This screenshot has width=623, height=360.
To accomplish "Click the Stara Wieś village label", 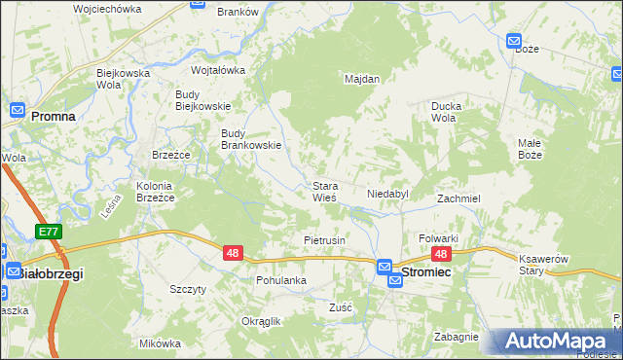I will pos(324,191).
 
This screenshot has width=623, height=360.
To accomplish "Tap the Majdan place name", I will pos(361,79).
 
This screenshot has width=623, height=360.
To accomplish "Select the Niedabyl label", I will pos(387,194).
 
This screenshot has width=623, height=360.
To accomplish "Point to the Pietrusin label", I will pos(325,239).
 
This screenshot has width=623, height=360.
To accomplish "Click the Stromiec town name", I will pos(432,273).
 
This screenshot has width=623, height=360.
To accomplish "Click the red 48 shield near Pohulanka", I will pos(232,253).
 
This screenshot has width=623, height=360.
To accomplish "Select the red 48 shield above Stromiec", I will pos(441,254).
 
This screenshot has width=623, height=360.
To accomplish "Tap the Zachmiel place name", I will pos(458,198).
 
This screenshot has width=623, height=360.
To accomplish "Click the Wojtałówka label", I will pos(218,70).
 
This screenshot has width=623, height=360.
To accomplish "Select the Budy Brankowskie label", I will pos(251,139).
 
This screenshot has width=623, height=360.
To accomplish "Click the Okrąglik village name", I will pos(261,321).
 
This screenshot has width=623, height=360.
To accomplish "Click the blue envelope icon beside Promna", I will pos(17,112).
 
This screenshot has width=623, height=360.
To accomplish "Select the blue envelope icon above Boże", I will pos(514,41).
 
